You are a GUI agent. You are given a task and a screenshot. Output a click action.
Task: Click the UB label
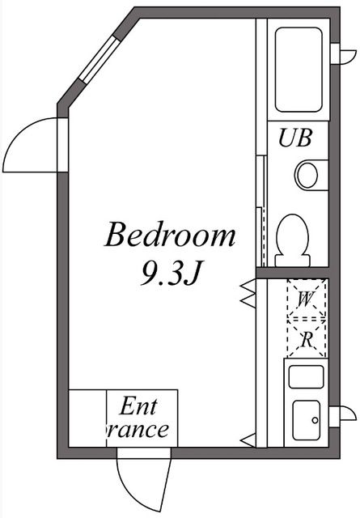294,138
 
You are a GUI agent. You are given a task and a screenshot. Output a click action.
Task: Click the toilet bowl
292,236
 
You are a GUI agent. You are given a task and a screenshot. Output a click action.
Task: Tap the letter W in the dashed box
305,299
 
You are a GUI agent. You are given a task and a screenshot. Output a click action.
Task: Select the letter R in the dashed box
307,340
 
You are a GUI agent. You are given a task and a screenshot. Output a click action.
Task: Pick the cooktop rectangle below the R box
307,376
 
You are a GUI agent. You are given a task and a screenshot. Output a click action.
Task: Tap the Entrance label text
139,418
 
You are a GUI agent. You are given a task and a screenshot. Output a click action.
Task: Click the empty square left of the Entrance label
88,418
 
